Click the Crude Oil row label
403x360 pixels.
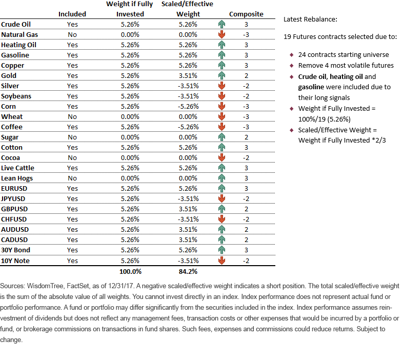pos(16,25)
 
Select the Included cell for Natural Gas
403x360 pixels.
pos(72,35)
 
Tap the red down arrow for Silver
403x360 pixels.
pos(221,86)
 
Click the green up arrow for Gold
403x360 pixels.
pos(221,75)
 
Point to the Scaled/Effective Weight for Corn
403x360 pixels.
pos(188,107)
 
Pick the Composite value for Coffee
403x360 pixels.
pos(246,127)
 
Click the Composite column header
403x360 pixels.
pos(246,14)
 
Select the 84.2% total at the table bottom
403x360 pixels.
pos(188,272)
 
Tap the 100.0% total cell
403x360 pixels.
pos(130,272)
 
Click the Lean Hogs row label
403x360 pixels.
pos(17,178)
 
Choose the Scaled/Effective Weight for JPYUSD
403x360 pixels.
pos(188,199)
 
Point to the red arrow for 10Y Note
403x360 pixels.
pos(221,261)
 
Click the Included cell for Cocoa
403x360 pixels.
pos(72,158)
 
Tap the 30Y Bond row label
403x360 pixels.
pos(15,250)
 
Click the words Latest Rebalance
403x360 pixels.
pos(310,19)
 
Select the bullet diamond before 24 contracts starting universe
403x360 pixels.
pos(291,55)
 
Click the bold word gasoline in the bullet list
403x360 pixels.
pos(311,87)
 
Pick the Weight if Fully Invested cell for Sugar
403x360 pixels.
pos(130,137)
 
